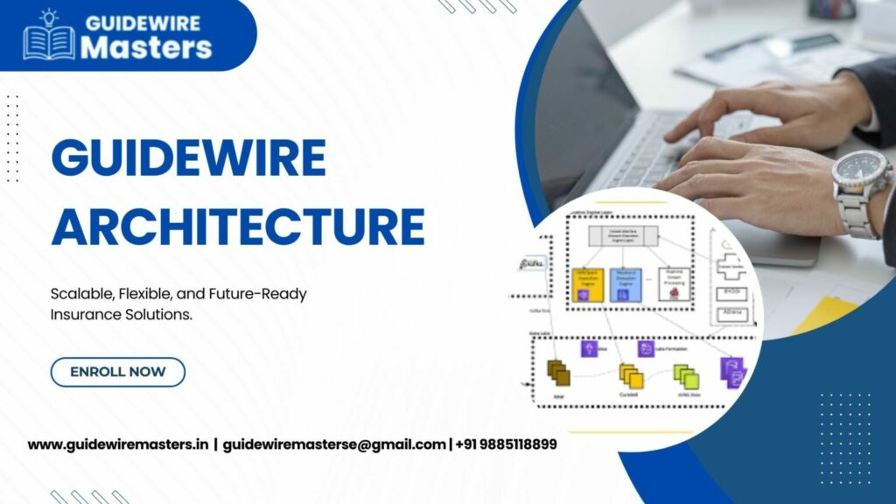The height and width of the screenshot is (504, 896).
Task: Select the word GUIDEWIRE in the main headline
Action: click(188, 158)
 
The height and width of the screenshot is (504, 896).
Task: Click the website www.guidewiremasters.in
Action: click(118, 444)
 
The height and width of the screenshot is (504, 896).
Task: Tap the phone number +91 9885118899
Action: click(506, 444)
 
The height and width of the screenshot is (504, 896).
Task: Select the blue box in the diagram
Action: click(625, 285)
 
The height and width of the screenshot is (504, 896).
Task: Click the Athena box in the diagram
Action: click(731, 314)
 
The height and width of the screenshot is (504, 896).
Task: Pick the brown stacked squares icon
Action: click(558, 373)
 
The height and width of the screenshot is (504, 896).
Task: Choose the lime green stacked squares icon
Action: click(687, 376)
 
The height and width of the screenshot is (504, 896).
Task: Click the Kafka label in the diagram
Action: click(532, 262)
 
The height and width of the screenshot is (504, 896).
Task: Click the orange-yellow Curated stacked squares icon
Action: click(631, 375)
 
